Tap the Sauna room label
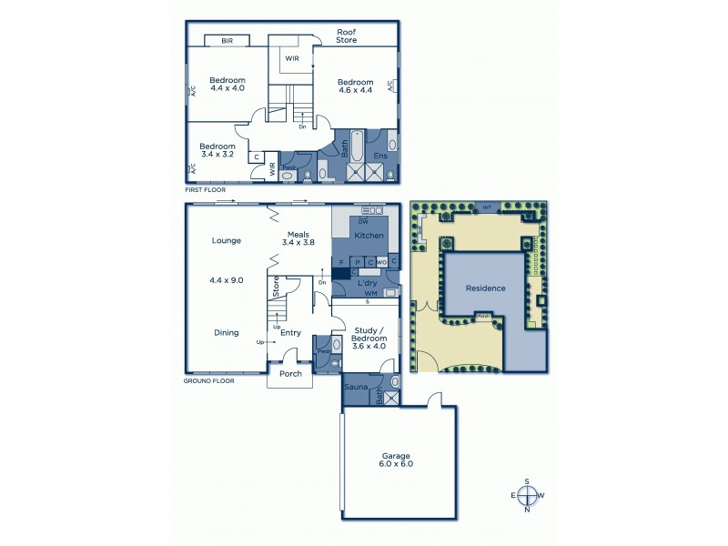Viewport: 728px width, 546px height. [355, 387]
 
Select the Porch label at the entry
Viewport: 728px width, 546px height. [290, 373]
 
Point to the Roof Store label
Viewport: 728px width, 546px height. [345, 35]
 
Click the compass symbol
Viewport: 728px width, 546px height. [526, 495]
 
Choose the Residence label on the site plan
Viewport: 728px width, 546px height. [485, 288]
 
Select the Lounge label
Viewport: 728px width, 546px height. [226, 241]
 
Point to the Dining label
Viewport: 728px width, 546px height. [226, 333]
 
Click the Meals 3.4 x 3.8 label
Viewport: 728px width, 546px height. [297, 238]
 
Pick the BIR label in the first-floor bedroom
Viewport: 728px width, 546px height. [227, 41]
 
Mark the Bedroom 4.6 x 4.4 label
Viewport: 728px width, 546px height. [357, 86]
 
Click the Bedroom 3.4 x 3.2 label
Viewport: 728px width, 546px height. [217, 150]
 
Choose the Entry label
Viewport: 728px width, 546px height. [290, 333]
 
